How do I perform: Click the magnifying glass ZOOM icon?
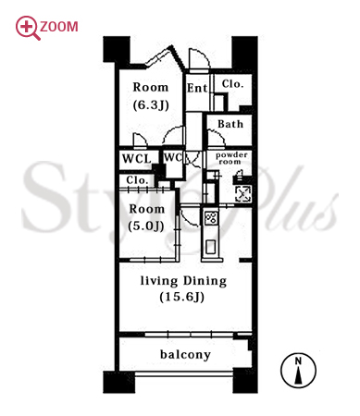[x=28, y=28]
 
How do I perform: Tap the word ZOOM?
[x=59, y=27]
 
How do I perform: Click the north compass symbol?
[x=298, y=370]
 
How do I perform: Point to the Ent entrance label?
[x=197, y=88]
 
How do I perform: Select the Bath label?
[x=230, y=124]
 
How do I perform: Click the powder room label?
[x=231, y=158]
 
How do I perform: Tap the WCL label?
[x=137, y=159]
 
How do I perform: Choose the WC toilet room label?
[x=173, y=157]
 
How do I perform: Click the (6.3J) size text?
[x=151, y=105]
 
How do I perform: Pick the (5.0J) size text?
[x=146, y=226]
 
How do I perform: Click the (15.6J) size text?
[x=182, y=297]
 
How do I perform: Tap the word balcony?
[x=185, y=354]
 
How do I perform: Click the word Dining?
[x=205, y=281]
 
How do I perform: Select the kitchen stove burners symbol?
[x=211, y=217]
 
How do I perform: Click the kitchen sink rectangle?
[x=211, y=247]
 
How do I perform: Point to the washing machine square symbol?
[x=243, y=194]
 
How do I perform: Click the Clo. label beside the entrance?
[x=232, y=84]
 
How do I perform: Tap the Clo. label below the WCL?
[x=137, y=180]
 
